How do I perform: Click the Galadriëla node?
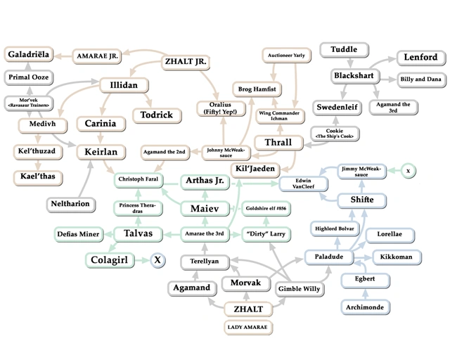click(x=28, y=54)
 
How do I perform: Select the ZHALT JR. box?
click(x=186, y=62)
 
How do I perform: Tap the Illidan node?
click(x=124, y=85)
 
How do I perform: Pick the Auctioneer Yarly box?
click(x=286, y=56)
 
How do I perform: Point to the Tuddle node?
click(x=344, y=49)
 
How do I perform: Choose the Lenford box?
click(x=421, y=57)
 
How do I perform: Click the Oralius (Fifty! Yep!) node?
click(x=221, y=108)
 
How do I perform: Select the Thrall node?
click(x=278, y=143)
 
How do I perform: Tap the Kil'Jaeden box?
click(x=255, y=169)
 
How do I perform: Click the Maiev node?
click(x=205, y=208)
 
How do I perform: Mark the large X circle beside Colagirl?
click(x=157, y=260)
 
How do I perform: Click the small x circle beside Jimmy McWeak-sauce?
click(x=408, y=171)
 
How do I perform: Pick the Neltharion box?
click(x=71, y=204)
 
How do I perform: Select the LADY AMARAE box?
click(x=248, y=327)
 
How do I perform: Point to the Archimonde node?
click(x=365, y=307)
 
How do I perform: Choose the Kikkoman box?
click(x=397, y=257)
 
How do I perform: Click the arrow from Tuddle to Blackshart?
click(x=350, y=63)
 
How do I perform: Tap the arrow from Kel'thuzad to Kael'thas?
click(x=38, y=165)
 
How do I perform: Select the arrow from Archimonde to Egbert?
click(x=365, y=294)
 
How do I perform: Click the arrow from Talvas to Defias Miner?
click(x=108, y=235)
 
